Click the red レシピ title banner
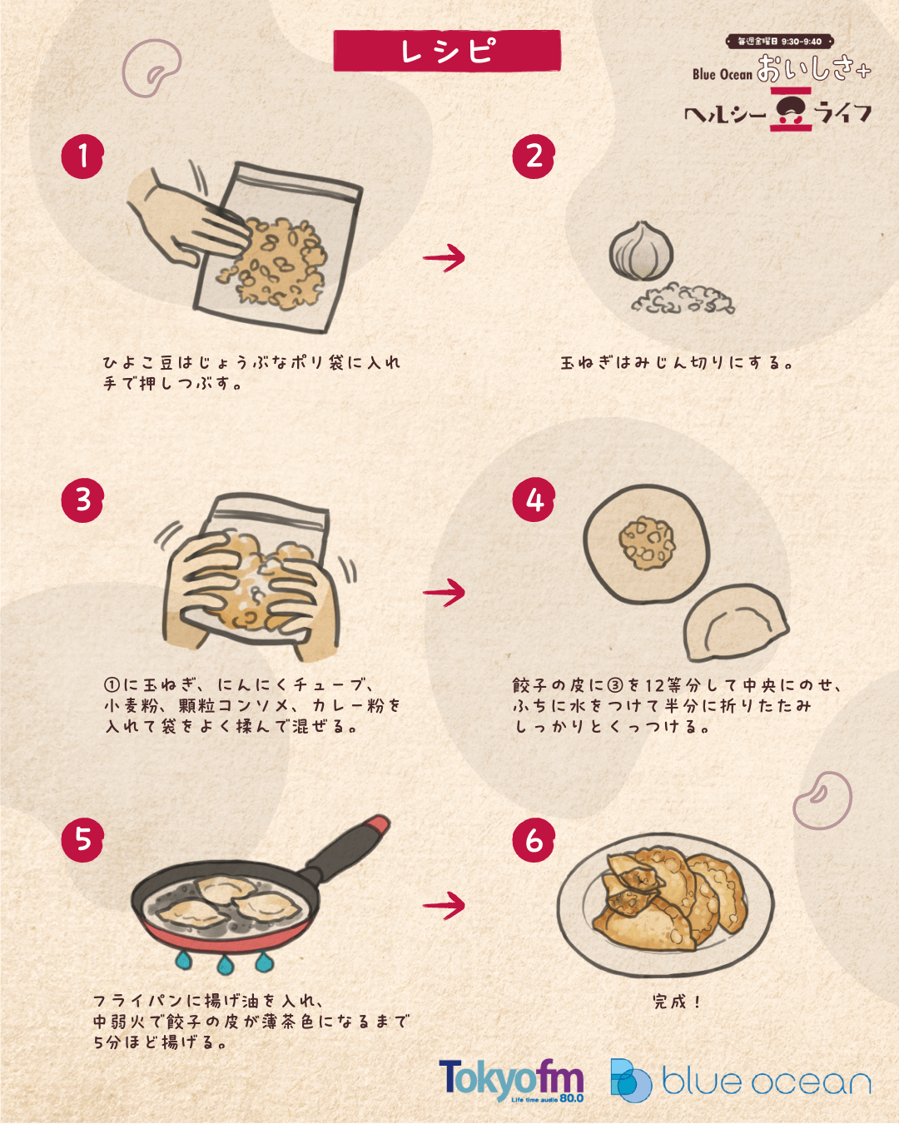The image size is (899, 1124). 447,51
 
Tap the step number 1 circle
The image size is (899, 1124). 82,157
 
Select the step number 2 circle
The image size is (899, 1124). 534,157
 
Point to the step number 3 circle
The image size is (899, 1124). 82,500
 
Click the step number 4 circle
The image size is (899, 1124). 534,500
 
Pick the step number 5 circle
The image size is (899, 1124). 82,839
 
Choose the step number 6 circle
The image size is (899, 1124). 534,839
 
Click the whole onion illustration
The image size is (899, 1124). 641,251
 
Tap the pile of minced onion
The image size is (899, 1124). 683,299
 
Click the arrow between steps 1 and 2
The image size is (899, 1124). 444,257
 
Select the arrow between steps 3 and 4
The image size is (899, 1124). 444,593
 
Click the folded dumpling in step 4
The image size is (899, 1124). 736,623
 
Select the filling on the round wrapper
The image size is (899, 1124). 647,543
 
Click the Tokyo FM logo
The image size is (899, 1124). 511,1080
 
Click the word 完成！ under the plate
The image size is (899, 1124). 677,1002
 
